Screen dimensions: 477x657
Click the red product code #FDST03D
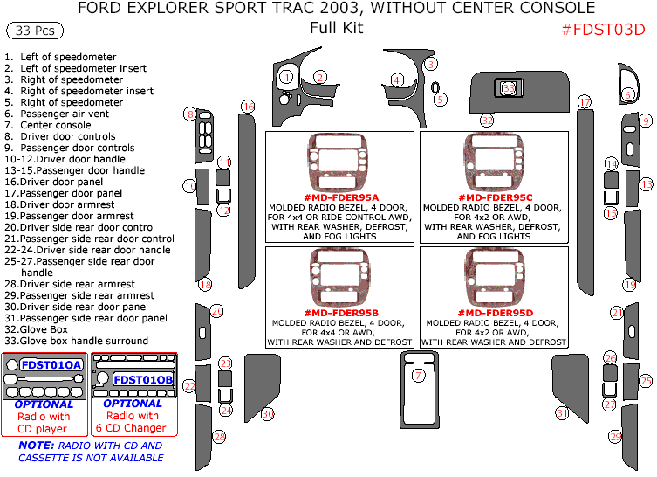coord(603,29)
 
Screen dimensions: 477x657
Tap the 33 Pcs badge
coord(34,31)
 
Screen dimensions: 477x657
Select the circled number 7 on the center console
coord(419,376)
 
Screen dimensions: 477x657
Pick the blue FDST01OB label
coord(143,379)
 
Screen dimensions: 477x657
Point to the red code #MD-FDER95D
coord(494,313)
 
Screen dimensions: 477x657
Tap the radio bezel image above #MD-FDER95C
coord(494,163)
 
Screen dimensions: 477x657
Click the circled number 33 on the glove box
coord(509,88)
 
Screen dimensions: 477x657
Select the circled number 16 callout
coord(249,107)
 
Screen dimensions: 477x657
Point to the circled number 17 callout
coord(585,102)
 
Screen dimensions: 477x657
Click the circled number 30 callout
coord(268,413)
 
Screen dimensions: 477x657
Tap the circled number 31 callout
coord(563,413)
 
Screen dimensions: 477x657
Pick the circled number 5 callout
coord(441,100)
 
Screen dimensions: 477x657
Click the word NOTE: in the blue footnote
coord(34,446)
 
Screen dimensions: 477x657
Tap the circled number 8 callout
coord(189,114)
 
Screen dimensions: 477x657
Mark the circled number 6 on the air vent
coord(628,94)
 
